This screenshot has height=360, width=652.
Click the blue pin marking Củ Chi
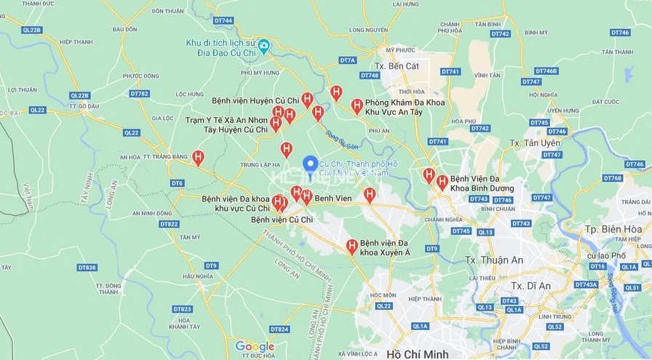309,164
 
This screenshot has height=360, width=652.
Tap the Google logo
255,347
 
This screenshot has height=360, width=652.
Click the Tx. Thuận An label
493,260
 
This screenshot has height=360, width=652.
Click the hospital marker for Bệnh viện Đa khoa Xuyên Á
352,247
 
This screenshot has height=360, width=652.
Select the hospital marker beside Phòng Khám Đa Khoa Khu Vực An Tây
357,105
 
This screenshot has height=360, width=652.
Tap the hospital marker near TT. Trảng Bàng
198,156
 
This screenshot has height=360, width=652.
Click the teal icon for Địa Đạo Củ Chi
264,47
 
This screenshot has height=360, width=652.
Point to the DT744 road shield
225,20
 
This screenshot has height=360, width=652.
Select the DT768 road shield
613,178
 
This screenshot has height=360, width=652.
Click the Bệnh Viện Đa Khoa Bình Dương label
482,183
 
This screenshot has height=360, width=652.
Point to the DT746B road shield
546,71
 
